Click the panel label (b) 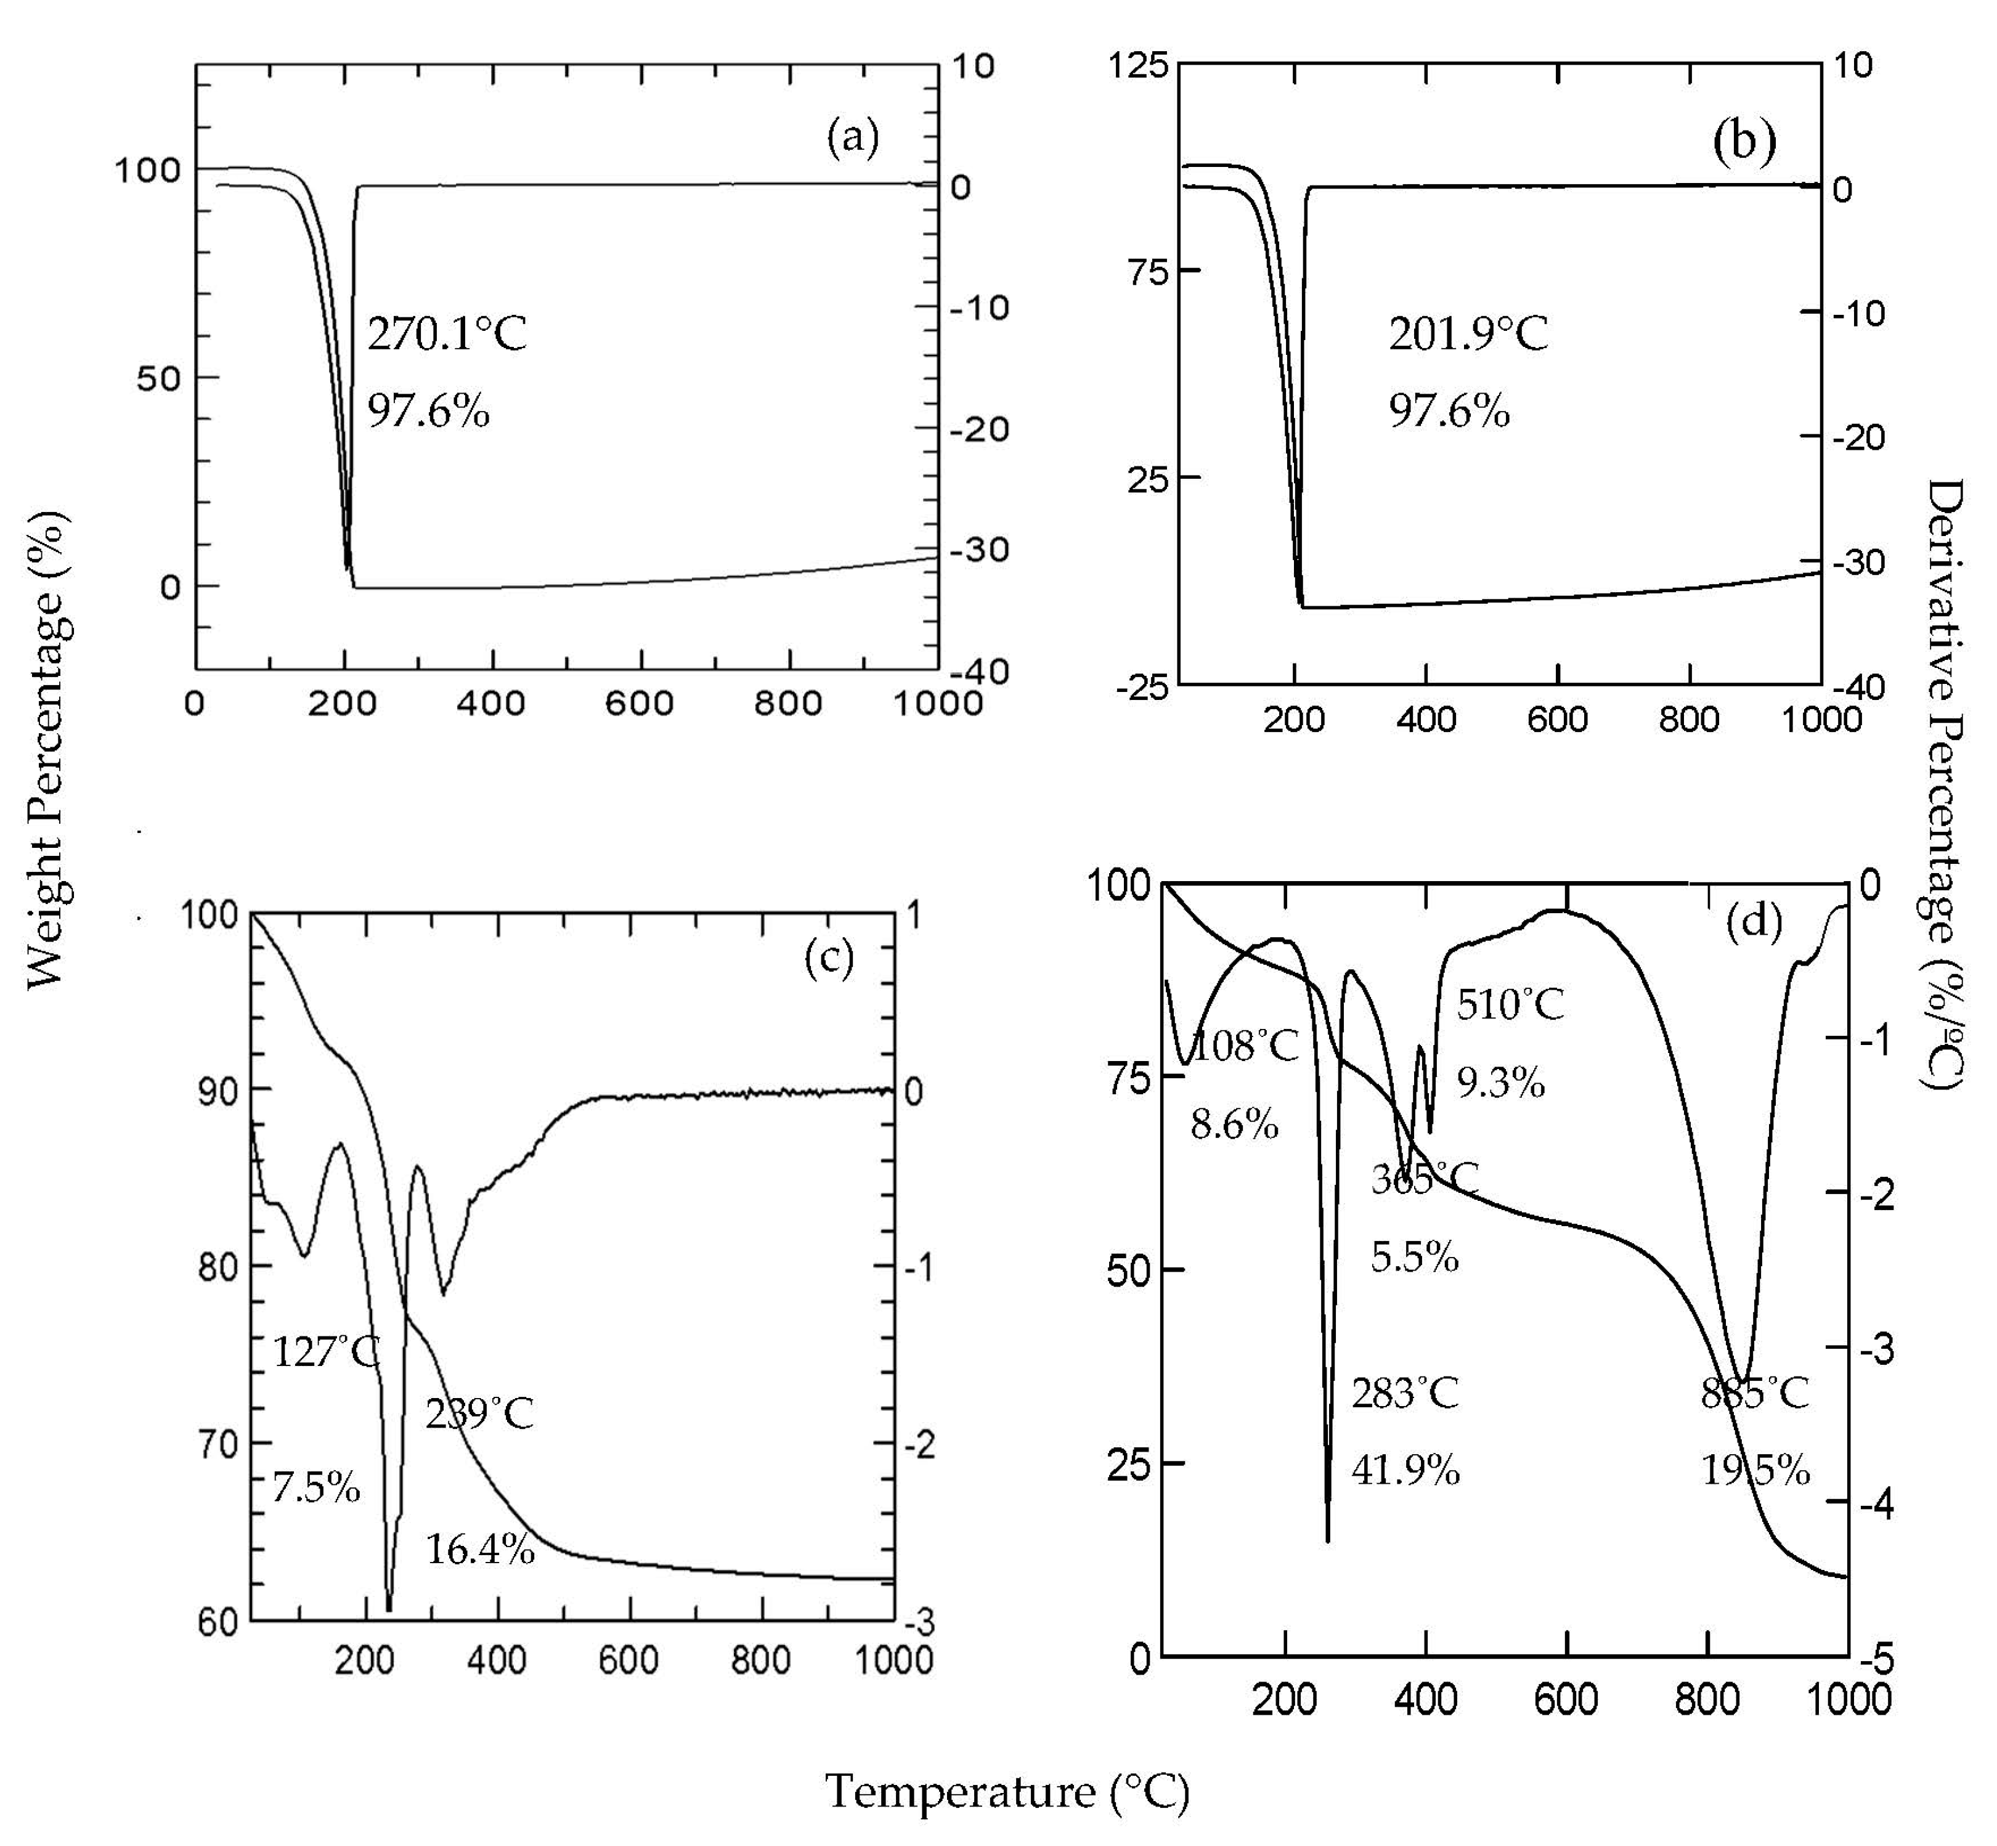[x=1744, y=142]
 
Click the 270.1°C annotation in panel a [x=447, y=333]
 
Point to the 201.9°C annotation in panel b [x=1468, y=333]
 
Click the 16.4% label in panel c [x=479, y=1549]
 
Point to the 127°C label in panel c [x=326, y=1352]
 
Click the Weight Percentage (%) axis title [x=48, y=749]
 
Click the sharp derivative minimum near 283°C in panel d [x=1328, y=1539]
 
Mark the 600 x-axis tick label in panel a [x=640, y=703]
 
